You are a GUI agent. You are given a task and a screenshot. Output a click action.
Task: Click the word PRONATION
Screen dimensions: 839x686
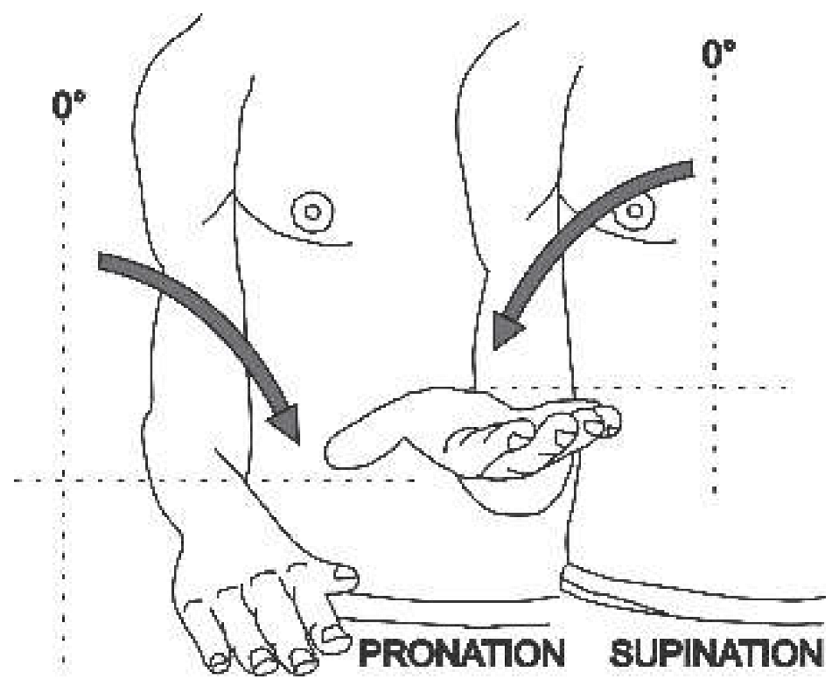coord(460,654)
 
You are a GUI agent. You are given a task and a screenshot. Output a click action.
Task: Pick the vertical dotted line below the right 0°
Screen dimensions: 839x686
coord(716,262)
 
